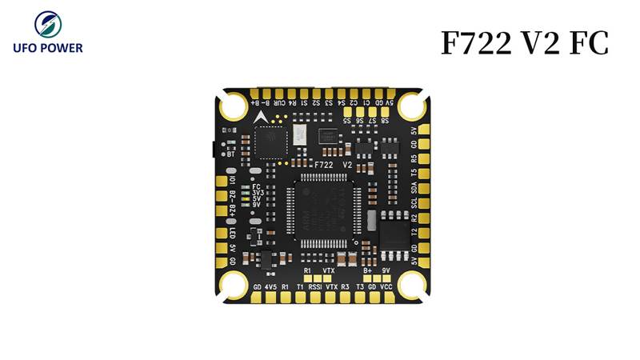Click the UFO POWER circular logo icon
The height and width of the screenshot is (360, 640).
[47, 24]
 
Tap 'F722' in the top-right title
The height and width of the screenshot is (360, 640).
[477, 44]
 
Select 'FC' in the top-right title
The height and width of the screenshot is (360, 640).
[589, 44]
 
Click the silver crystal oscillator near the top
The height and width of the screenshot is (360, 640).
[299, 134]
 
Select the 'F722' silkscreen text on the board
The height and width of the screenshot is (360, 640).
[323, 164]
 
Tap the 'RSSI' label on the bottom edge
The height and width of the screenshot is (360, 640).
[314, 286]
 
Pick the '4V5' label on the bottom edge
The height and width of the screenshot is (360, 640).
[270, 286]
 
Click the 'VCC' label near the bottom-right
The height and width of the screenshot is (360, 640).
[386, 286]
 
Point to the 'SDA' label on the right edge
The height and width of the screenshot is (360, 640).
[414, 188]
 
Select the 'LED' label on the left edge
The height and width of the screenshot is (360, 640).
[232, 233]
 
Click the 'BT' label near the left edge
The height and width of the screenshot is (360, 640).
[230, 154]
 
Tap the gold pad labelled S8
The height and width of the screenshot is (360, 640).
[385, 121]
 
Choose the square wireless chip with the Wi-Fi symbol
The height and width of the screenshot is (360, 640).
[270, 142]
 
